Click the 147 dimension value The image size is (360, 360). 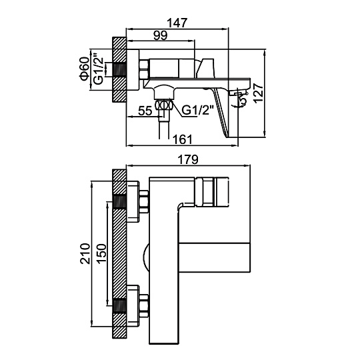[x=177, y=23]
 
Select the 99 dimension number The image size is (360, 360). [x=161, y=35]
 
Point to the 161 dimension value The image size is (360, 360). [x=182, y=139]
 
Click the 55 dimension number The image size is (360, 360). [x=145, y=111]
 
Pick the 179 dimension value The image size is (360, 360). [x=188, y=159]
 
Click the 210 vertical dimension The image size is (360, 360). [x=85, y=253]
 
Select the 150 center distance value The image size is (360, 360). [x=101, y=253]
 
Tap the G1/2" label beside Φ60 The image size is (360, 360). [x=99, y=69]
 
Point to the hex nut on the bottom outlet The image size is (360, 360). [x=164, y=105]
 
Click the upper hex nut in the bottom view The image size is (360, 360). [x=144, y=202]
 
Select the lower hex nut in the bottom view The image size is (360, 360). [x=144, y=306]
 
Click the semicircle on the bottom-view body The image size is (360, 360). [x=146, y=257]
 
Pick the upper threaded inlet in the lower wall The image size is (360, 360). [x=119, y=202]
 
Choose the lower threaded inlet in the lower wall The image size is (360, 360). [x=119, y=306]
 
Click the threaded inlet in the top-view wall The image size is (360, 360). [x=119, y=69]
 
